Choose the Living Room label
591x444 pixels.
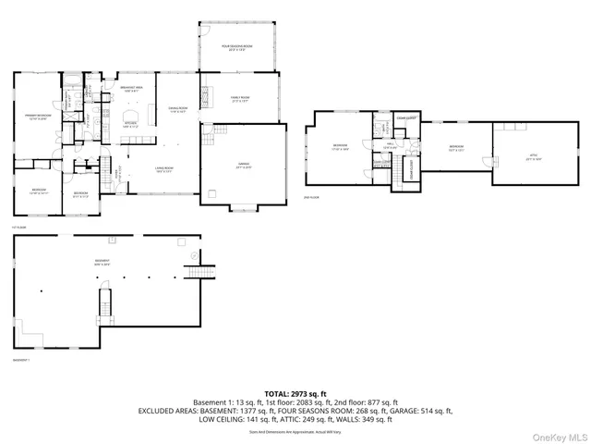pos(164,169)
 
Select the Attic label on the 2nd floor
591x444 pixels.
pos(533,157)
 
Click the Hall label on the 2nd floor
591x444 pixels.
pos(391,145)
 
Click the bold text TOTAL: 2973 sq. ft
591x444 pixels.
pos(295,393)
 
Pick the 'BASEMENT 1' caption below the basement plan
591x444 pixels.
pos(20,359)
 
